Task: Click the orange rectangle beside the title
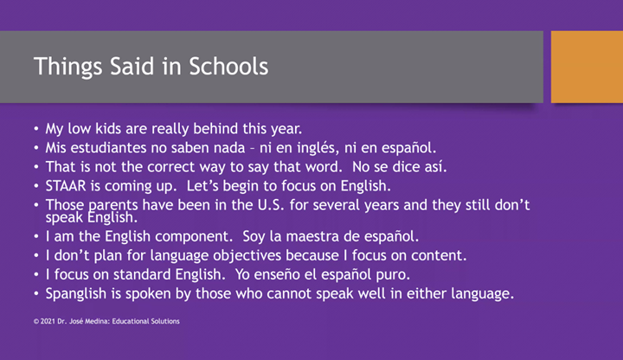pyautogui.click(x=587, y=67)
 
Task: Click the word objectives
pyautogui.click(x=272, y=256)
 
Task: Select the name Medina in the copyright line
pyautogui.click(x=96, y=321)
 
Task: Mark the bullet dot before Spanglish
pyautogui.click(x=35, y=294)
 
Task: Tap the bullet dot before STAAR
pyautogui.click(x=35, y=185)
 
